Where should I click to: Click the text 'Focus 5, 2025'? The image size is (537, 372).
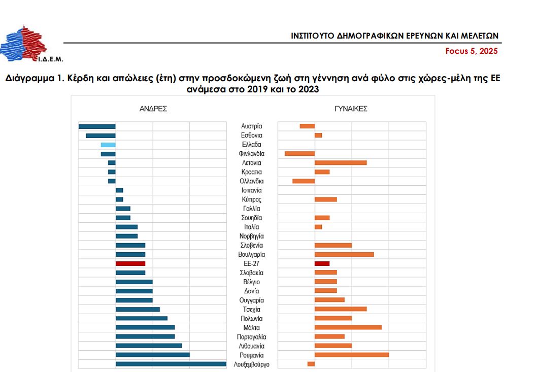(472, 51)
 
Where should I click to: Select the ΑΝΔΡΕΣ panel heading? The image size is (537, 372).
(153, 109)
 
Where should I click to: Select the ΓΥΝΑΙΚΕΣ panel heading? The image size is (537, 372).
(351, 109)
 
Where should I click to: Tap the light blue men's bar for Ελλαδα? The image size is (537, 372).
(108, 145)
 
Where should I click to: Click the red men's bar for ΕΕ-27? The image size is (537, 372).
(130, 263)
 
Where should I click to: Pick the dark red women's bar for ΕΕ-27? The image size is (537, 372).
(322, 263)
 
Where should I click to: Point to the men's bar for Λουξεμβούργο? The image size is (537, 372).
(171, 364)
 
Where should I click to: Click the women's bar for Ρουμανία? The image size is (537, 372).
(352, 355)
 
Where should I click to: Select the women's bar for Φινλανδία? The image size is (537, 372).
(299, 154)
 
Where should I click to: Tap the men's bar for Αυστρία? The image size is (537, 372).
(97, 126)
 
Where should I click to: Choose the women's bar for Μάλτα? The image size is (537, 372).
(348, 327)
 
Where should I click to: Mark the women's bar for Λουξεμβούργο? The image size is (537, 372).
(311, 364)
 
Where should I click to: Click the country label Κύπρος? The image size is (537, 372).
(252, 199)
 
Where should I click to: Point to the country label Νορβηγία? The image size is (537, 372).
(252, 236)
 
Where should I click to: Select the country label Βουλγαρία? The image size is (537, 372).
(252, 254)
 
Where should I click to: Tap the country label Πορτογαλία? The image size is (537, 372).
(252, 336)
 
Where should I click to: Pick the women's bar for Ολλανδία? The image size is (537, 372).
(304, 181)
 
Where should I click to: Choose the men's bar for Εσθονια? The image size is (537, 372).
(100, 136)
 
